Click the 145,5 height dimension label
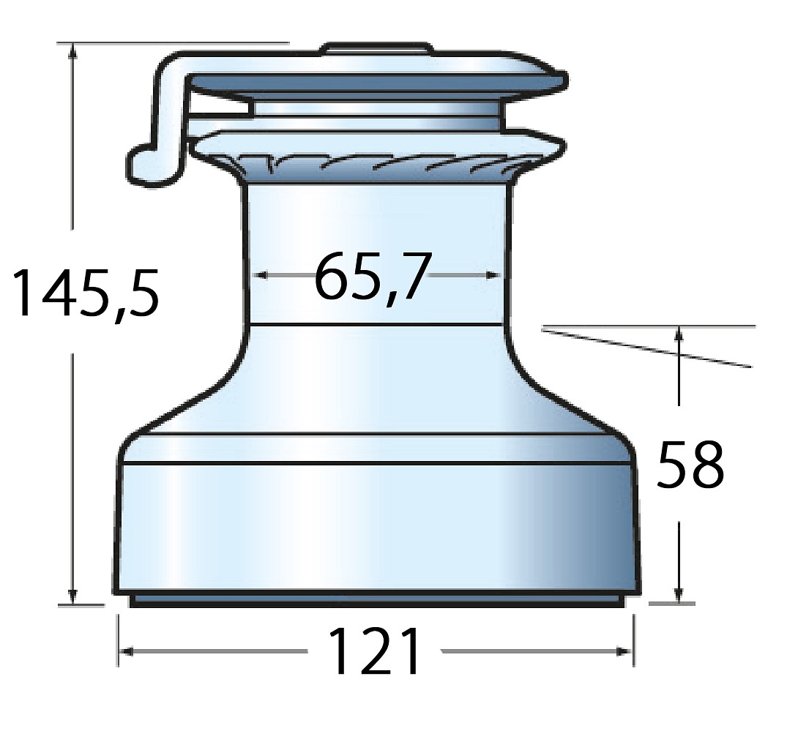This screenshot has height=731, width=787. [x=86, y=294]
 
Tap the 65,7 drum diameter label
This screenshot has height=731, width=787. [x=373, y=277]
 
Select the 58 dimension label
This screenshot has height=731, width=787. [x=690, y=465]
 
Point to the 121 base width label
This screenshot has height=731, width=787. [x=375, y=651]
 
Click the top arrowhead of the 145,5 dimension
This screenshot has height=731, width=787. [x=73, y=50]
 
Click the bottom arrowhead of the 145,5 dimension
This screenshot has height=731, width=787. [x=73, y=597]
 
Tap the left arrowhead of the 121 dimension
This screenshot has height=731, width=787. [x=127, y=651]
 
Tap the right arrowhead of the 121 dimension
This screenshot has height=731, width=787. [x=625, y=651]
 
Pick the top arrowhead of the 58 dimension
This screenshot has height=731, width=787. [x=679, y=334]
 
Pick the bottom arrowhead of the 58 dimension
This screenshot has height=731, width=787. [x=679, y=595]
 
